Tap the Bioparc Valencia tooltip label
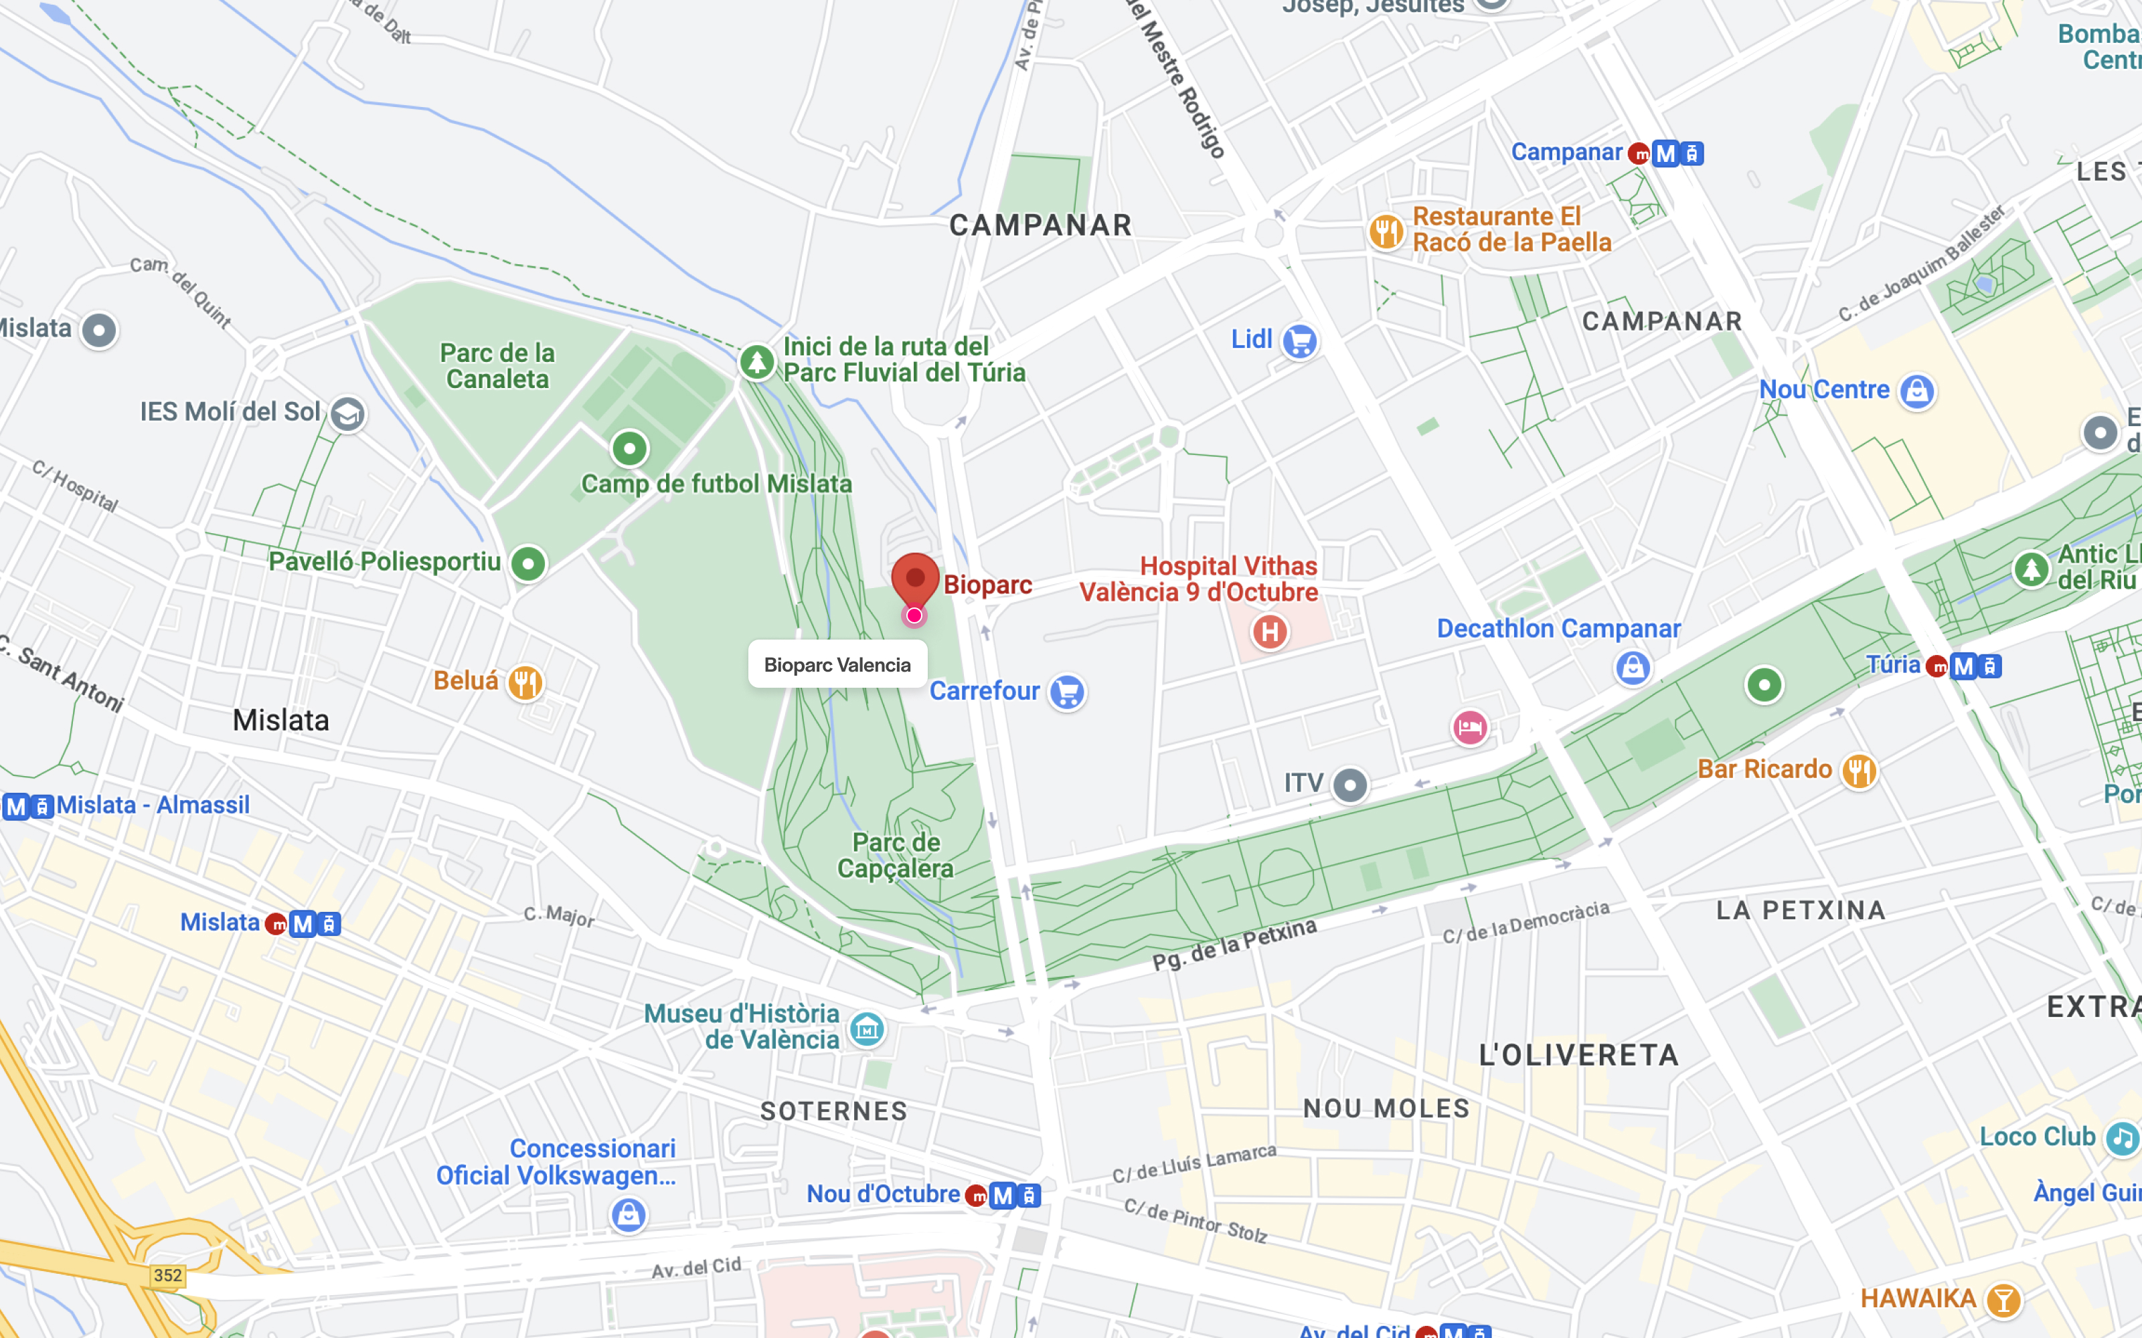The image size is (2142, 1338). click(x=837, y=664)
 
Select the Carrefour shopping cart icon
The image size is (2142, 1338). click(x=1066, y=692)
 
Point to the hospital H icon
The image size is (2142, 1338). click(x=1269, y=632)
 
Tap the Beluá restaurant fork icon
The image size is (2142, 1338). click(x=525, y=682)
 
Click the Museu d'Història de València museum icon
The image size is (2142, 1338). click(x=867, y=1028)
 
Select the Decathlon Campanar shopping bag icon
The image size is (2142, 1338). click(x=1632, y=667)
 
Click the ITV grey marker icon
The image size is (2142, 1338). click(x=1350, y=785)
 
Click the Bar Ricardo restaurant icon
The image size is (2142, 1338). click(x=1859, y=771)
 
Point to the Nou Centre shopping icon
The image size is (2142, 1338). click(x=1917, y=391)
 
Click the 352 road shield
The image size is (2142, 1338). click(x=167, y=1275)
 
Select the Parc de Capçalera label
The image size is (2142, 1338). click(x=895, y=855)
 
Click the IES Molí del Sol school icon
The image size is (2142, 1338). click(x=347, y=413)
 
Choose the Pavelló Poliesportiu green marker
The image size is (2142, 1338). click(x=528, y=564)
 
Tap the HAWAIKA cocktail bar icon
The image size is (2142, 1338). click(x=2003, y=1300)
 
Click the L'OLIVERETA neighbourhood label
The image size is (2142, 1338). click(x=1578, y=1055)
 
